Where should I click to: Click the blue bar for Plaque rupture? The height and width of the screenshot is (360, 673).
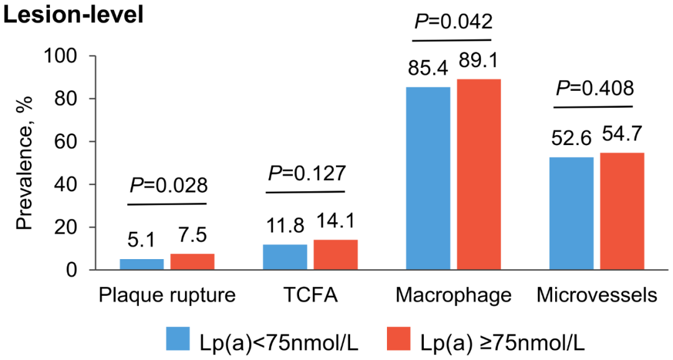pos(141,265)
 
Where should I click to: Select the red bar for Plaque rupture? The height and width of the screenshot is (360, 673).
pos(192,262)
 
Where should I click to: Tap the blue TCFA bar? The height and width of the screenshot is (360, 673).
pos(285,257)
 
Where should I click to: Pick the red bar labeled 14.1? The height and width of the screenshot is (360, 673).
pos(335,255)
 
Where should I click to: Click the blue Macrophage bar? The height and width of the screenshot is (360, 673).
pos(427,179)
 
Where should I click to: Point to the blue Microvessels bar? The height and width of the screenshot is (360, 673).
pos(571,214)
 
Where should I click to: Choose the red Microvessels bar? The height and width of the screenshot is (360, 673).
pos(621,211)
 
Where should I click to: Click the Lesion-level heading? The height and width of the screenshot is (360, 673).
pos(74,13)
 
